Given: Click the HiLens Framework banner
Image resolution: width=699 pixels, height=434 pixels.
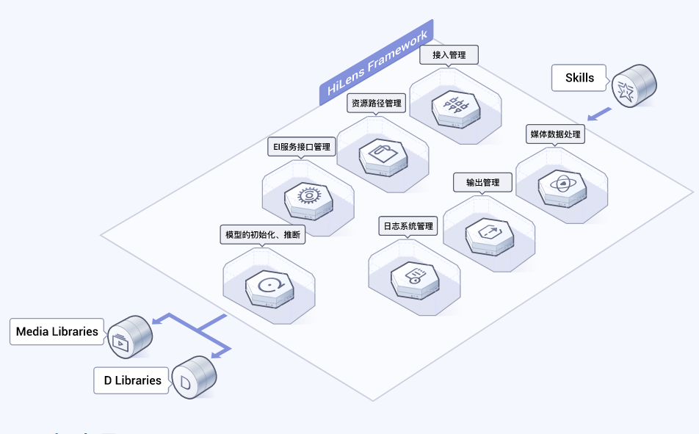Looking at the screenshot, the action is (x=377, y=62).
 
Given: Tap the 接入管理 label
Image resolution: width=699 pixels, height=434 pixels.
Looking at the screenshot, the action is (x=449, y=55).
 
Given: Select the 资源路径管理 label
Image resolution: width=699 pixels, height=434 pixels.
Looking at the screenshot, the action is (x=376, y=103).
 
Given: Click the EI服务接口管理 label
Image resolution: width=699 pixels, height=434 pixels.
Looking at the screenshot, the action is (x=302, y=147).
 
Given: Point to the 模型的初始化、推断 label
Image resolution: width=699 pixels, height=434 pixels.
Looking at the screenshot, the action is (x=263, y=234).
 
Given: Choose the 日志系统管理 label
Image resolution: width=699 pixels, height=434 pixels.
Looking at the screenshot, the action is (x=408, y=226).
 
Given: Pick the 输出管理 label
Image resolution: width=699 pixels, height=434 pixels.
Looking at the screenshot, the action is (x=483, y=182).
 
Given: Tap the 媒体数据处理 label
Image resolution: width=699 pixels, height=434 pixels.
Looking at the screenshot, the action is (x=555, y=134).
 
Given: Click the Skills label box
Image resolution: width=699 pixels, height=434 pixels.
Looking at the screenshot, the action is (x=579, y=78).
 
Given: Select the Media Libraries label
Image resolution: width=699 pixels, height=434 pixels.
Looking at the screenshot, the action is (x=57, y=331).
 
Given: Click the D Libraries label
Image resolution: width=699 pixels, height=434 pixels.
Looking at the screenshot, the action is (x=132, y=380).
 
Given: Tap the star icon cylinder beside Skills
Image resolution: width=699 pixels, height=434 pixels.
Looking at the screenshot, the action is (x=634, y=86).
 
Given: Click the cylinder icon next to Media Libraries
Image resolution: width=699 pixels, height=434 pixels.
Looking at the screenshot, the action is (x=130, y=337).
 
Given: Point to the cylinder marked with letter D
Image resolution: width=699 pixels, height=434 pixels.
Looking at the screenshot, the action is (x=194, y=377).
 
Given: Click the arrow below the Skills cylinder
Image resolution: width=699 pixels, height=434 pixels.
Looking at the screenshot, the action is (x=600, y=114).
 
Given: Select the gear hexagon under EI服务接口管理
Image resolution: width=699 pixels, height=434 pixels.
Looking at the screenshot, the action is (x=308, y=201).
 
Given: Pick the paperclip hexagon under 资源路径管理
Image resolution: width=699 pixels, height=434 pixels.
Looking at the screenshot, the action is (x=383, y=157).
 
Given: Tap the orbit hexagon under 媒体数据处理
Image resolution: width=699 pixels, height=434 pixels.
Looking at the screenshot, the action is (x=562, y=189).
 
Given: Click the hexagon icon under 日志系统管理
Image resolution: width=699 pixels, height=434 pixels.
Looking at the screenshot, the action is (x=415, y=281).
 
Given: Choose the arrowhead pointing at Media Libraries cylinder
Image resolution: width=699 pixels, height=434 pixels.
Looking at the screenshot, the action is (x=157, y=320).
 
